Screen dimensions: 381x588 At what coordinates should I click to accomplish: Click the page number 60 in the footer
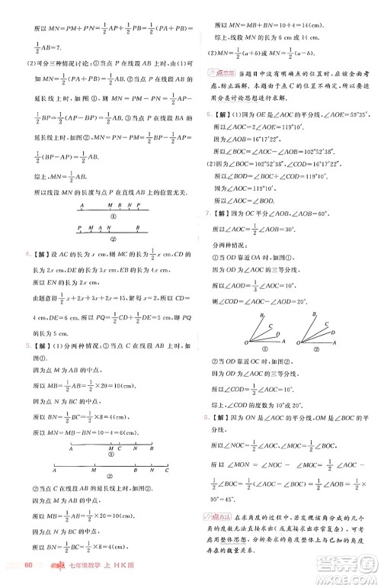click(27, 565)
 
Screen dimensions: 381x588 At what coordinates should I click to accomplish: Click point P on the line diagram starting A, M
click(139, 204)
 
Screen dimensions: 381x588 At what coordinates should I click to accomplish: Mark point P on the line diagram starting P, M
click(79, 227)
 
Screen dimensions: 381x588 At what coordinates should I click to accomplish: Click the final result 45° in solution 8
click(223, 500)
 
